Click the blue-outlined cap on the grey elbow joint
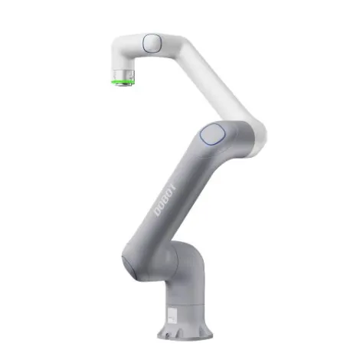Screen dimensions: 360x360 coord(211,136)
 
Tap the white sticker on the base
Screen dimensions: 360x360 coord(172,314)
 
